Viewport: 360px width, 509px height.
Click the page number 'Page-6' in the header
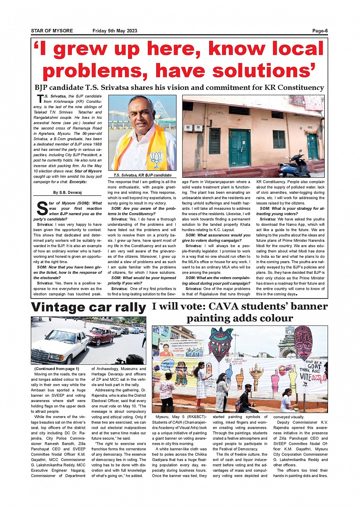[x=320, y=31]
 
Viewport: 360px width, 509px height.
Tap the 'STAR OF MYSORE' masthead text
[x=52, y=31]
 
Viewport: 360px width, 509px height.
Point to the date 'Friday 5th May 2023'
[x=115, y=31]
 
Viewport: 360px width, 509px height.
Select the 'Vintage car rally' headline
[x=88, y=307]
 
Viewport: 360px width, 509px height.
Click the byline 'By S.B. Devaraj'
[x=67, y=193]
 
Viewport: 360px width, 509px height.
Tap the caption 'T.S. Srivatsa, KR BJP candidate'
[x=142, y=176]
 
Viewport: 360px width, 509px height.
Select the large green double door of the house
[x=239, y=148]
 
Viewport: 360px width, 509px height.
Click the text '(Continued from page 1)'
[x=56, y=369]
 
